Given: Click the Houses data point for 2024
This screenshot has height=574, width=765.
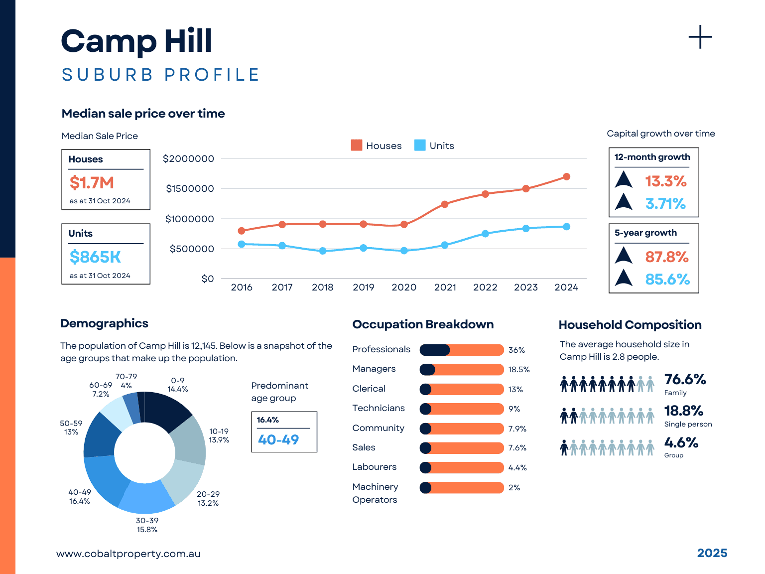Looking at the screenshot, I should tap(566, 177).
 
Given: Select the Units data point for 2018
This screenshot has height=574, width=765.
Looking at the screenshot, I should tap(323, 251).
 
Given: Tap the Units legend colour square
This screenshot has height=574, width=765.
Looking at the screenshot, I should tap(420, 145).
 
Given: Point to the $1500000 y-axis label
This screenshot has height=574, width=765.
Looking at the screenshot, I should tap(190, 189).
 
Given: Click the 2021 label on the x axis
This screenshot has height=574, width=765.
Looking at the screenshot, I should tap(445, 287).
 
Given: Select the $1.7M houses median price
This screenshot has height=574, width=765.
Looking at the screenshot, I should tap(92, 183).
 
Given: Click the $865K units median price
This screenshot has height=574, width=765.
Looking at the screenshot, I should tap(96, 257).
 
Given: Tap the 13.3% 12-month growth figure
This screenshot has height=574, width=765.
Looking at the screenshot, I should tap(666, 181).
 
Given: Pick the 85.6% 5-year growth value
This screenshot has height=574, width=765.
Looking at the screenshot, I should tap(667, 280).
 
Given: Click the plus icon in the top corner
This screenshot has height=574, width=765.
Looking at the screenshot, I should tap(700, 37).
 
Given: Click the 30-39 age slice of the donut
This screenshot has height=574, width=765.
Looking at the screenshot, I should tap(146, 498).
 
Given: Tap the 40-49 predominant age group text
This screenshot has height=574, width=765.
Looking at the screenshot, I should tap(278, 439).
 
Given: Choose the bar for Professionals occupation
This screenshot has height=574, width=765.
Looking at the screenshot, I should tap(461, 350).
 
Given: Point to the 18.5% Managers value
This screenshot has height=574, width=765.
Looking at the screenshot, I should tap(519, 370).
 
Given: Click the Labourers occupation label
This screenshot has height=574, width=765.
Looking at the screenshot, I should tap(375, 467).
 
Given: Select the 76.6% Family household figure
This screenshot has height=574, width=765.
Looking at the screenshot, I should tap(685, 380).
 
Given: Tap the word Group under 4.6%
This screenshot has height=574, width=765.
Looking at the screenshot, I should tap(674, 455).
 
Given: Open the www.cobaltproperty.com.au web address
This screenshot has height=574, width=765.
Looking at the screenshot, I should tap(128, 554).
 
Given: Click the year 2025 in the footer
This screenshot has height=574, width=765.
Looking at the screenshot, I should tap(712, 553).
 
